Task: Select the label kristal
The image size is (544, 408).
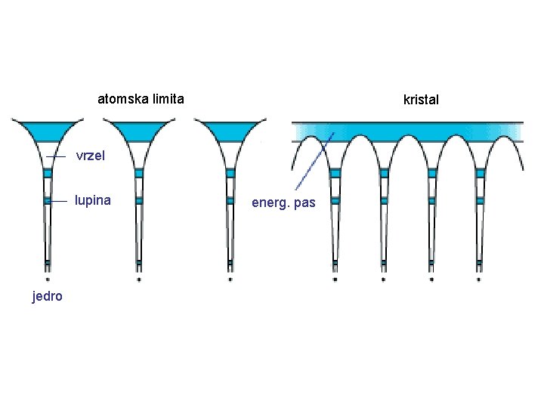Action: point(421,100)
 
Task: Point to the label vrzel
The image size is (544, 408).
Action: point(94,156)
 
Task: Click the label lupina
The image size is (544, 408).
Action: point(93,200)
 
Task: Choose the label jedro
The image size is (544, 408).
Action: point(47,295)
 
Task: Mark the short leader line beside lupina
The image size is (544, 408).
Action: point(59,201)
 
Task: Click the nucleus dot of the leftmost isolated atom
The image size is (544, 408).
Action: point(47,279)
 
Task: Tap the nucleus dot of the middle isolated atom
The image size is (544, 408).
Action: point(138,279)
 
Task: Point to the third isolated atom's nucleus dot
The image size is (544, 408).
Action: point(230,279)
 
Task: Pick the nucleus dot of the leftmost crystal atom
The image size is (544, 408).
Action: point(335,279)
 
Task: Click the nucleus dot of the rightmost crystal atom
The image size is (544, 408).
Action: point(479,279)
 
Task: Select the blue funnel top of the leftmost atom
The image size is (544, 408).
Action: point(47,130)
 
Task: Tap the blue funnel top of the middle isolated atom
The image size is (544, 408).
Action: point(138,130)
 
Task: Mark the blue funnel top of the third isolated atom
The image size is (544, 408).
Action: point(230,130)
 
